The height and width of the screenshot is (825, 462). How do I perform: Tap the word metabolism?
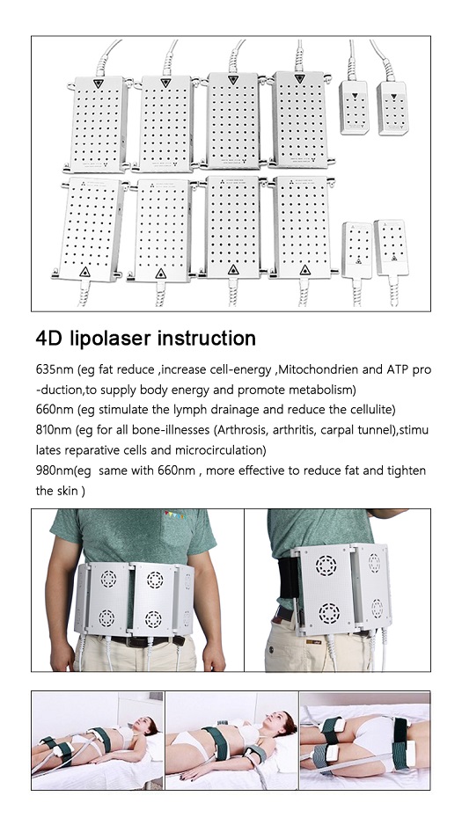322,390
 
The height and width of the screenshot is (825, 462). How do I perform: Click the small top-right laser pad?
392,108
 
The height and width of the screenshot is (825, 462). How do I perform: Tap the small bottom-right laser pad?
391,248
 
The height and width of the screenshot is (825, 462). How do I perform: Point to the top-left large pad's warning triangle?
99,84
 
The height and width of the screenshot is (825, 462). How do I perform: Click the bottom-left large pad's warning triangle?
84,272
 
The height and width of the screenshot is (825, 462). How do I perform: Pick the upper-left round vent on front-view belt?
108,580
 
